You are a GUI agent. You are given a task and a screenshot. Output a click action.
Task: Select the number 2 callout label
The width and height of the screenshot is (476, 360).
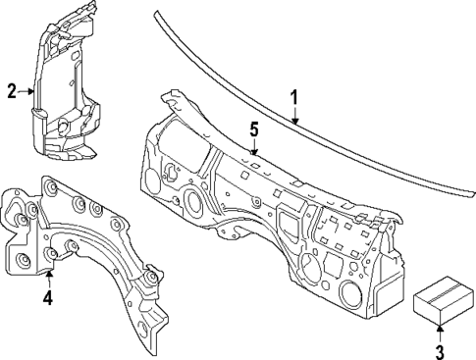coord(12,91)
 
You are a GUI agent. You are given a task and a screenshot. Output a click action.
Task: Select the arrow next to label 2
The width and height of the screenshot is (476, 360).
coord(27,91)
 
